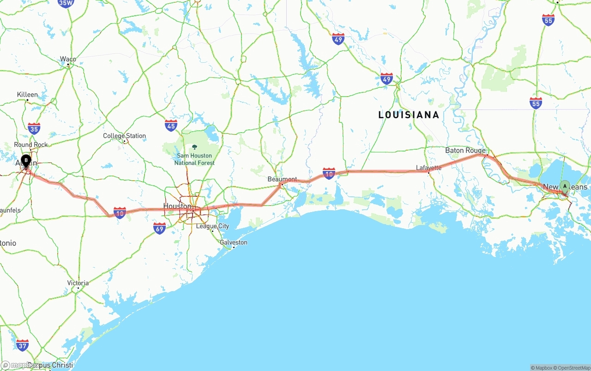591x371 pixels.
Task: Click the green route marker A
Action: [x=564, y=186]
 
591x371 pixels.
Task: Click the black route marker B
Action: [x=26, y=161]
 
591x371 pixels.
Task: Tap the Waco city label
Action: [x=68, y=59]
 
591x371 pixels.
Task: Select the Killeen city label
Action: [x=27, y=95]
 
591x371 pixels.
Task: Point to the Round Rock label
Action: [x=30, y=145]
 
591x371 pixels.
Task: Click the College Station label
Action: [x=124, y=136]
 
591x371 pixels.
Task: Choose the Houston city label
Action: [x=177, y=206]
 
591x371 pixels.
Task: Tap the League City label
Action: [x=212, y=226]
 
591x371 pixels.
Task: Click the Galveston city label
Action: [x=233, y=242]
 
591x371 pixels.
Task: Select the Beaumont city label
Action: [x=282, y=179]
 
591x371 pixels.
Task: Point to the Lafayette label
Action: [x=428, y=168]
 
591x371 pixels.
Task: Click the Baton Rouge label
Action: [x=465, y=151]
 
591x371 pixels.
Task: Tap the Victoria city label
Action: [x=78, y=283]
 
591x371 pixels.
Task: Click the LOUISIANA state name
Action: [x=409, y=115]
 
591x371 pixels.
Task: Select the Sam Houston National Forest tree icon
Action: [x=194, y=147]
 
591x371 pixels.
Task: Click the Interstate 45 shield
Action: [x=171, y=125]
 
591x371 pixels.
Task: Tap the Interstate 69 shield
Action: [x=159, y=228]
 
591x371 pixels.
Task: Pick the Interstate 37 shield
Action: [x=22, y=345]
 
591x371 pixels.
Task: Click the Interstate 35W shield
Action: [x=66, y=3]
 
